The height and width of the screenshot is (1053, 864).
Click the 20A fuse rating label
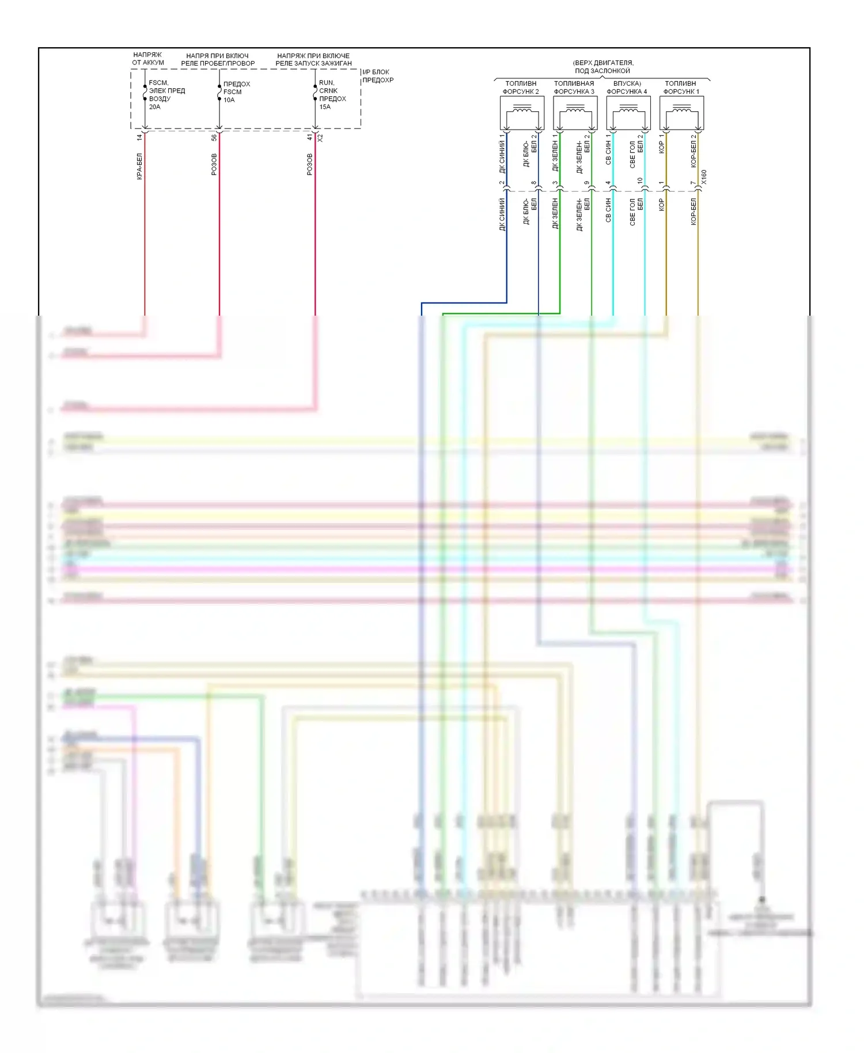click(x=154, y=107)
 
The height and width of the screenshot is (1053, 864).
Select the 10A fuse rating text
click(x=229, y=100)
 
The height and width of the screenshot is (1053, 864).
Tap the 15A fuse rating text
click(x=325, y=107)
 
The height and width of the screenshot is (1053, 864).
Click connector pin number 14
click(x=139, y=138)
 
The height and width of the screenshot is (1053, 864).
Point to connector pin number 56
click(x=214, y=138)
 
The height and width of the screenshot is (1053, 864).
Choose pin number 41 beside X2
click(x=310, y=138)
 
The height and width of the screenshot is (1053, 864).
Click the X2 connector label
click(x=321, y=138)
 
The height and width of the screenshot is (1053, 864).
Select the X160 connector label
click(x=704, y=177)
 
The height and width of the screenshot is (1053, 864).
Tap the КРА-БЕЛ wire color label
click(x=139, y=166)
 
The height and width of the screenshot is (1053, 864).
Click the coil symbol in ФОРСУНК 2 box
click(x=522, y=108)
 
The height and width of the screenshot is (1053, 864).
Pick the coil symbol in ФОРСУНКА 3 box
click(x=575, y=108)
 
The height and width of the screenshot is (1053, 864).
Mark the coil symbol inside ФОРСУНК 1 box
click(x=681, y=108)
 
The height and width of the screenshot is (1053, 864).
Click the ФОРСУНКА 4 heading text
click(x=627, y=92)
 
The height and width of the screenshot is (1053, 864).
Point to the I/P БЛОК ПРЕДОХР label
click(x=377, y=76)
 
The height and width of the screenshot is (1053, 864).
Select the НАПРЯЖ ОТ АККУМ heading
click(x=147, y=59)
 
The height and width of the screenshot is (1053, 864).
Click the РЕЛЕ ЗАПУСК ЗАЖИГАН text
click(x=313, y=63)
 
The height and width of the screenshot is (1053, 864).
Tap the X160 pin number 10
click(x=640, y=181)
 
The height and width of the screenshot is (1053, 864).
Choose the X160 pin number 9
click(x=587, y=183)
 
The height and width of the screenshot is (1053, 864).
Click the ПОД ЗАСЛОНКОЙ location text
click(x=602, y=71)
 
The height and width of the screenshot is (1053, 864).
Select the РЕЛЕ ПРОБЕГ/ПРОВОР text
click(x=218, y=63)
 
